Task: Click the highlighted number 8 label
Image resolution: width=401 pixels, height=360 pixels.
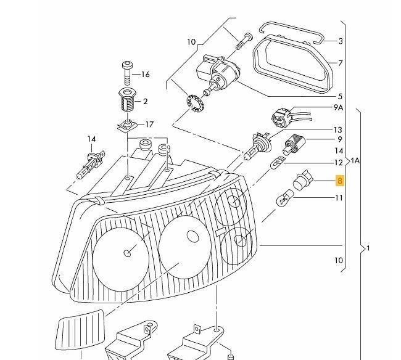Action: pos(339,181)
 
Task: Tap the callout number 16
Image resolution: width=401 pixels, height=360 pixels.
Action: pos(146,75)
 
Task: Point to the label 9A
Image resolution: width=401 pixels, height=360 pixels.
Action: pos(338,107)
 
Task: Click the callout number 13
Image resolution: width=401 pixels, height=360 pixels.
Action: pos(337,130)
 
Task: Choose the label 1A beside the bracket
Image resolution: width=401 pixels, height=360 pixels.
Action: pos(355,161)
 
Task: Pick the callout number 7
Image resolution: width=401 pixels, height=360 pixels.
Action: pos(341,63)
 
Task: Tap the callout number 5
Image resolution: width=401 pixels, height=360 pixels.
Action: pos(340,97)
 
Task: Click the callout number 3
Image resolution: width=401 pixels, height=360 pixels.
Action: pos(341,41)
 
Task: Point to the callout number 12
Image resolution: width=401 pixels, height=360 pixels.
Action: pos(338,163)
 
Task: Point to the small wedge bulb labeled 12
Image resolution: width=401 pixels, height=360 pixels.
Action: pos(278,165)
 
